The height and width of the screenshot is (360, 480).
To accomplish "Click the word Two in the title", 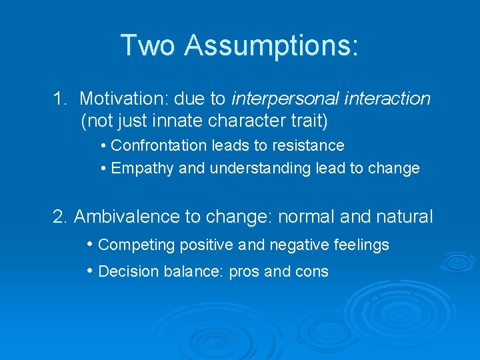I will tap(148, 45).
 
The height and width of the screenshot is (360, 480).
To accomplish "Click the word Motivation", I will tap(123, 99).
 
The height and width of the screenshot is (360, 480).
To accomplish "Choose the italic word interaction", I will tap(389, 99).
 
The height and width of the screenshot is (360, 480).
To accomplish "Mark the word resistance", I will tap(311, 145).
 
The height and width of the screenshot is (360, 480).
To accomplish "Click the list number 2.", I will tap(60, 217).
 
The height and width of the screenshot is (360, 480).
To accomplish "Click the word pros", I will tap(243, 272).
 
